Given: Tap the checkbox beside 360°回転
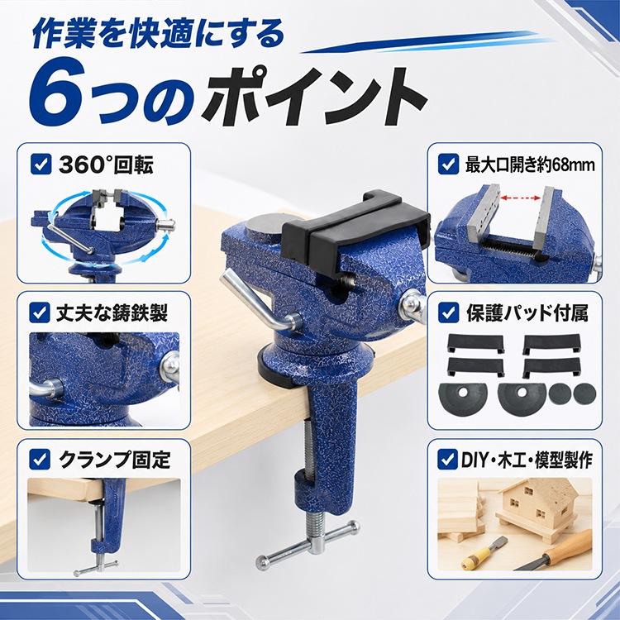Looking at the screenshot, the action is (x=41, y=165).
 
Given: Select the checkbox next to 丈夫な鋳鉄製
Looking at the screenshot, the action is (x=40, y=312).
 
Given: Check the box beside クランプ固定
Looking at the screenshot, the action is (x=40, y=459).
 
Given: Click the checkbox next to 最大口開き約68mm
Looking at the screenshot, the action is (x=448, y=165).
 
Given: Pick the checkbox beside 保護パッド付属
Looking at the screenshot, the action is (x=448, y=312).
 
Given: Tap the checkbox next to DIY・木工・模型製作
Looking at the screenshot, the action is (x=447, y=459).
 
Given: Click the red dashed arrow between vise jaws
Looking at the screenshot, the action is (x=520, y=198).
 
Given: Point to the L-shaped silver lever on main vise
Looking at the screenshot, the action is (x=257, y=301).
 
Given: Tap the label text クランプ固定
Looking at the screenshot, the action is (x=115, y=460).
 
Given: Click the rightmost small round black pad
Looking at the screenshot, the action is (x=584, y=393).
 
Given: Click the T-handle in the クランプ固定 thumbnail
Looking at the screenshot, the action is (x=96, y=567).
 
